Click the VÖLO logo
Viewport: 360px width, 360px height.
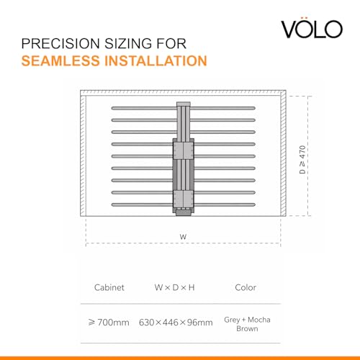[312, 28]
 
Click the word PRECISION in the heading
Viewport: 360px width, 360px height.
[60, 44]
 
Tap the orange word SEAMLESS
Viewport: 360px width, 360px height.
[60, 60]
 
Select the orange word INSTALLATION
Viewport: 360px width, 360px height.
[156, 60]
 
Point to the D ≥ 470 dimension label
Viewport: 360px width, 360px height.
[302, 159]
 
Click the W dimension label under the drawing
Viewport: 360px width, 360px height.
[183, 237]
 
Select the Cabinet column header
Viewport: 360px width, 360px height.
[109, 287]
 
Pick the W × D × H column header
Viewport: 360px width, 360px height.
[174, 287]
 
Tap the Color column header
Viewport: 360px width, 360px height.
[246, 287]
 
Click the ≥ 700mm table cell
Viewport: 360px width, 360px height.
[109, 322]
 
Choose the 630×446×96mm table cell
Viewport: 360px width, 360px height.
[176, 322]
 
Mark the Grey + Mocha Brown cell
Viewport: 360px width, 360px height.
[247, 324]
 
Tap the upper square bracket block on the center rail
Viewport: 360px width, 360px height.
[184, 150]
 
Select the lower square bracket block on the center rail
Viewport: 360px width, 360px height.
[184, 199]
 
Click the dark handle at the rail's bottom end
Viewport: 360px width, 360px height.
[184, 212]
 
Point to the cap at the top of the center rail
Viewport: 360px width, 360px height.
[184, 104]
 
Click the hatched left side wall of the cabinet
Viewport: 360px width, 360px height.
[83, 156]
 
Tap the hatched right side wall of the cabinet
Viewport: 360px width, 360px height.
[283, 153]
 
